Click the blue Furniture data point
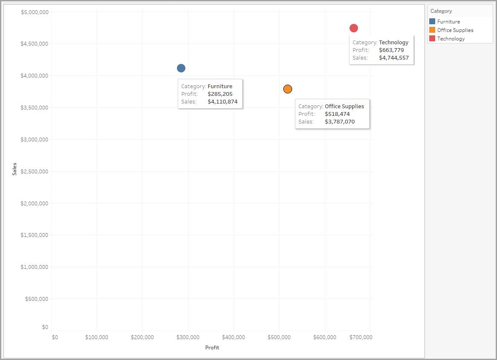click(181, 68)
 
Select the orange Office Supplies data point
click(288, 89)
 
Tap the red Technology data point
click(354, 28)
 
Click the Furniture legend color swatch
click(432, 22)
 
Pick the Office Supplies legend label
click(455, 30)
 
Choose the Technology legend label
click(451, 39)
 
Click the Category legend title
click(441, 11)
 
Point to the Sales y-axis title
click(14, 169)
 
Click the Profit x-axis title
click(212, 348)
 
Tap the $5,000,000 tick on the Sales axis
click(35, 12)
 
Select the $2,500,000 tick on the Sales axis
click(35, 172)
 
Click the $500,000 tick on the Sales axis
click(36, 299)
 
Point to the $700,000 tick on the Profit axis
click(361, 337)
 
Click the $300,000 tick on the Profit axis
click(188, 337)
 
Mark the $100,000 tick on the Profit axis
click(97, 337)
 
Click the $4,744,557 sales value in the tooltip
click(393, 58)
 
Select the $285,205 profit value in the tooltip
click(220, 94)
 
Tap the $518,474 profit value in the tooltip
click(337, 114)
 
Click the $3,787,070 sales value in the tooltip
click(340, 122)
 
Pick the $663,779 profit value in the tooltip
click(391, 50)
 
